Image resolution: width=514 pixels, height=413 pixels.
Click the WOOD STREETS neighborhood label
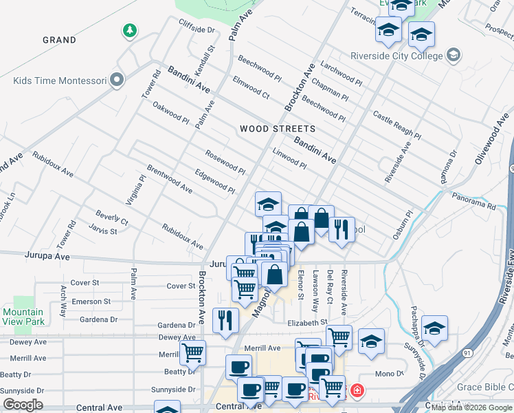(x=278, y=129)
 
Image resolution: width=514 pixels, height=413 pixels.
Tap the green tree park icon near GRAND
(x=128, y=31)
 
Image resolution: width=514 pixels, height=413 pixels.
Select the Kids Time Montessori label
(x=59, y=81)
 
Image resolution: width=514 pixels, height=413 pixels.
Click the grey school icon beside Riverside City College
(x=453, y=54)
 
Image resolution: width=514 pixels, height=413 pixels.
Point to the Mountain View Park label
(x=23, y=317)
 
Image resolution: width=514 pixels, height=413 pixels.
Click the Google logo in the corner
(x=23, y=405)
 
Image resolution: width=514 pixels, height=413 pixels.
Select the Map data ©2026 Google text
(x=471, y=407)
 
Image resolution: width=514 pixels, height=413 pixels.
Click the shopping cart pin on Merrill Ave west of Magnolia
(x=192, y=352)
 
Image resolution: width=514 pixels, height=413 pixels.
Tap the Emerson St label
(x=91, y=301)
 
